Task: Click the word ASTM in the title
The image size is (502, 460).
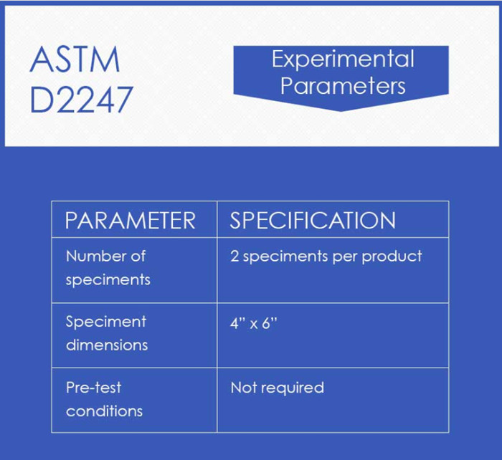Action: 75,61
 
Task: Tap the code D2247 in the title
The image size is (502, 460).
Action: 82,100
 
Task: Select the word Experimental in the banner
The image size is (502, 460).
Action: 342,59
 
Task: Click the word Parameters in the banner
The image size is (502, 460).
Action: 342,86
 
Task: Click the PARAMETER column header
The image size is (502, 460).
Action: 130,220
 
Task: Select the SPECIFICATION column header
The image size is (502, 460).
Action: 312,220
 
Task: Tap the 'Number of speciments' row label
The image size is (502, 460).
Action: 108,267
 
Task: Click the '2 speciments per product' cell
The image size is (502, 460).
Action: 326,256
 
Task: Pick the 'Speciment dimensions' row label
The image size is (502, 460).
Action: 106,333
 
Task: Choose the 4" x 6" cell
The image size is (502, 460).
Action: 253,322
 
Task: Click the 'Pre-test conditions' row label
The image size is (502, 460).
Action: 104,399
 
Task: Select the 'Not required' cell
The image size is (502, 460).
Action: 277,388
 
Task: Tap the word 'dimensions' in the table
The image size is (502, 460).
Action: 106,345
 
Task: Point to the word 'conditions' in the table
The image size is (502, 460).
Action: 104,411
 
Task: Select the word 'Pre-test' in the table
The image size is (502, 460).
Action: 93,388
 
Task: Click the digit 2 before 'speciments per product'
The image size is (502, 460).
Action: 235,256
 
